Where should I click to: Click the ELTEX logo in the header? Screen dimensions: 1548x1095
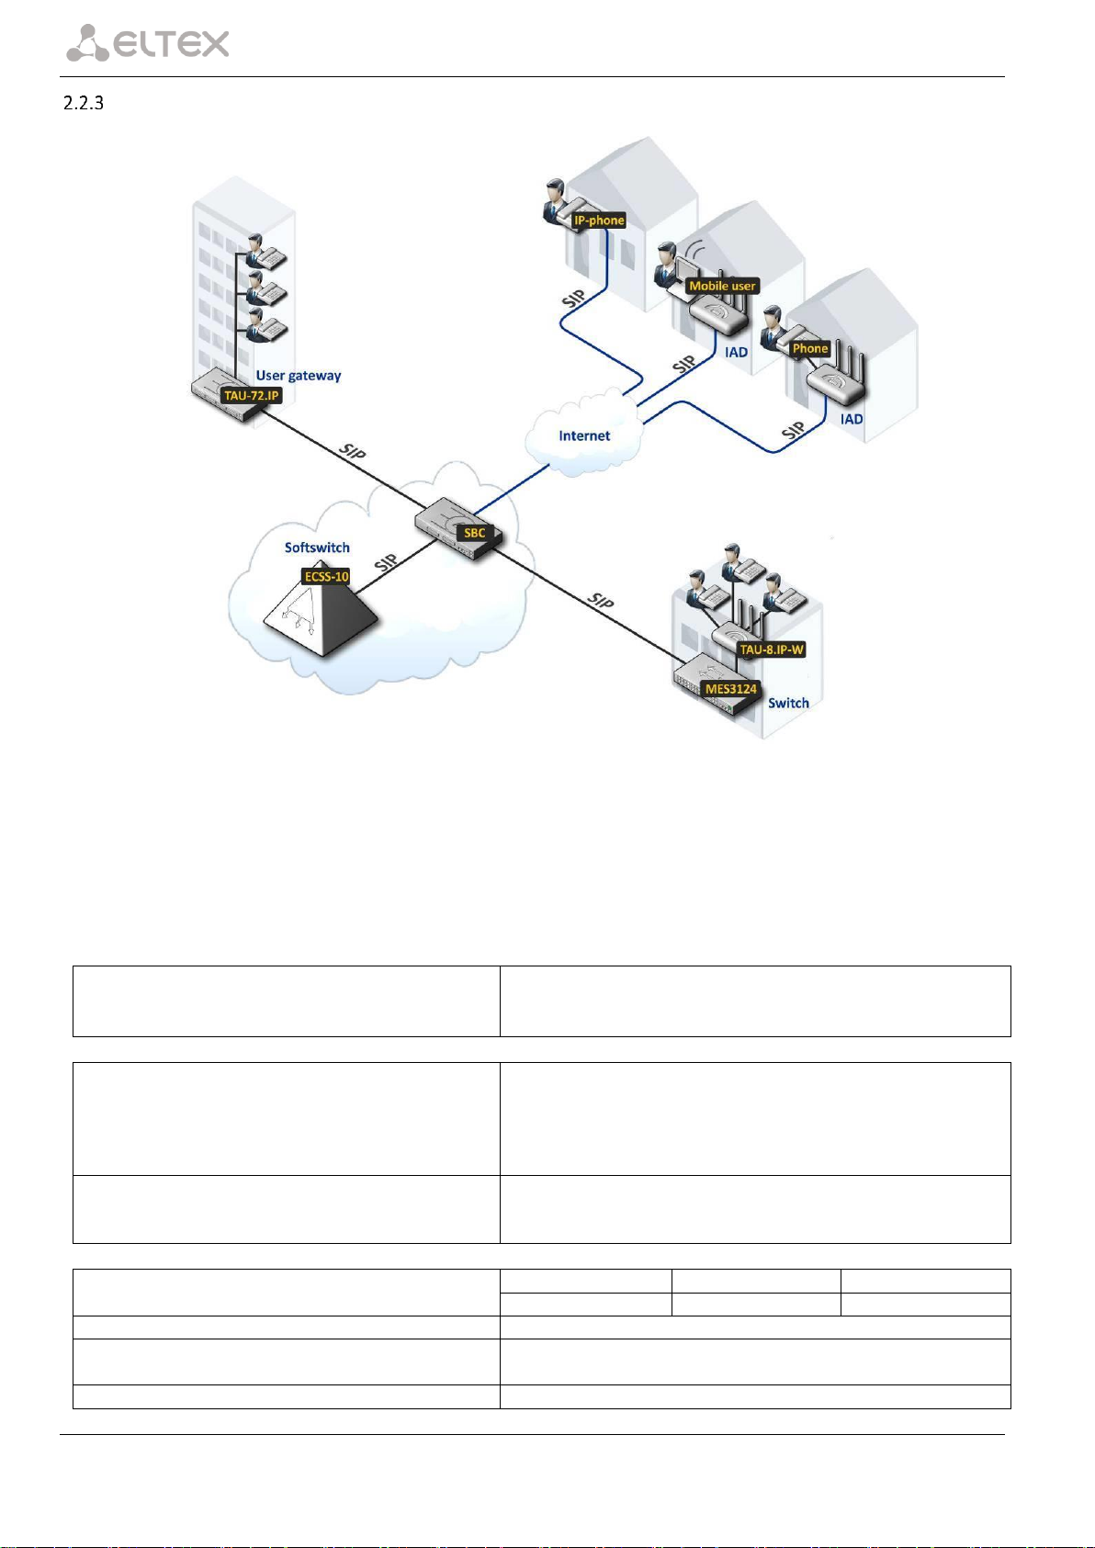tap(148, 43)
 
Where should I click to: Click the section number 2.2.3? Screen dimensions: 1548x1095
tap(83, 103)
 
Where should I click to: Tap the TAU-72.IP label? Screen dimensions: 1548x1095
tap(252, 396)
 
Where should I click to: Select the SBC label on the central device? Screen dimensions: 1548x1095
tap(474, 533)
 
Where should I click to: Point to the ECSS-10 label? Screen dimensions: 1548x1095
tap(327, 577)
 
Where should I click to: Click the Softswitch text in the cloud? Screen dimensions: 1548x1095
tap(317, 548)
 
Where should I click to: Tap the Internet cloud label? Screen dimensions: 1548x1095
tap(584, 435)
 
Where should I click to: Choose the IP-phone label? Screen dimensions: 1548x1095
tap(599, 220)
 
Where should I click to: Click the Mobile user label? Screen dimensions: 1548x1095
tap(722, 286)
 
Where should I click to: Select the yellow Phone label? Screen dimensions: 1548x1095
tap(810, 348)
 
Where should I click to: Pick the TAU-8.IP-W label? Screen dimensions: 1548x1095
tap(772, 650)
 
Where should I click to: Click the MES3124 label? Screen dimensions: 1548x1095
tap(730, 689)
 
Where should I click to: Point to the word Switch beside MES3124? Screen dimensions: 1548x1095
tap(788, 703)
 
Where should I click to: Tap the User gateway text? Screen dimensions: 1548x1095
tap(299, 375)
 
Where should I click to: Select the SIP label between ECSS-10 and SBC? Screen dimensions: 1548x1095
tap(387, 562)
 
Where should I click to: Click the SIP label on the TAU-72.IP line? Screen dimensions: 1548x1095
tap(353, 452)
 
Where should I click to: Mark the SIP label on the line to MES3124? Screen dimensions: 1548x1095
tap(601, 602)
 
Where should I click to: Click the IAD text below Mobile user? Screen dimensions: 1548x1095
tap(736, 352)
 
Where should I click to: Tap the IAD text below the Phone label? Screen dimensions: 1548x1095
tap(852, 419)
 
